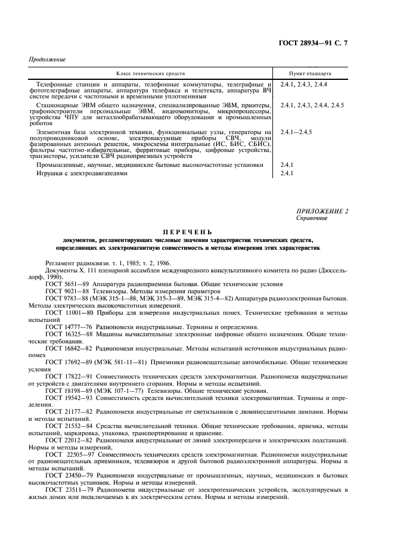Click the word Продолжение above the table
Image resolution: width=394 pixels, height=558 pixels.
coord(47,60)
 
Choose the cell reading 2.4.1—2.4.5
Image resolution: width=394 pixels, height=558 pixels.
coord(296,131)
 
